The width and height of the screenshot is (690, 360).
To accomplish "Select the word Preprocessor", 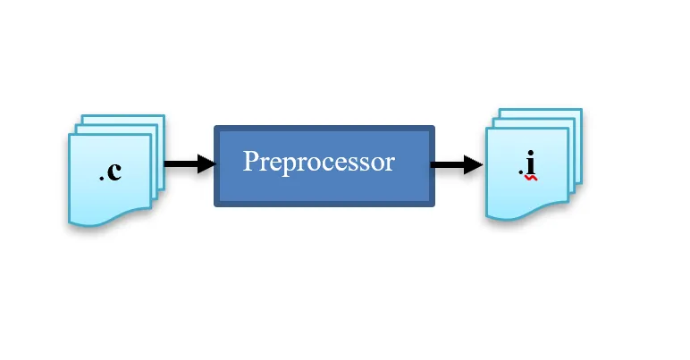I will coord(318,163).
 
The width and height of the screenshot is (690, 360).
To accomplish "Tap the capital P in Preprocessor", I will coord(251,163).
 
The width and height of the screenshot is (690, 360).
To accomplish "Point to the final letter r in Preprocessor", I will coord(389,164).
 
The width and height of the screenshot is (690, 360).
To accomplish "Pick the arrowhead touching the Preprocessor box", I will coord(206,164).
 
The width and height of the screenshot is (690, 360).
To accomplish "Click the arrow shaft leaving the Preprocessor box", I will coord(446,165).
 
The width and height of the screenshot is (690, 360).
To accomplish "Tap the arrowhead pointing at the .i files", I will coord(473,165).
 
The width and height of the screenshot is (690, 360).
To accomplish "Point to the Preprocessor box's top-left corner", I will coord(216,128).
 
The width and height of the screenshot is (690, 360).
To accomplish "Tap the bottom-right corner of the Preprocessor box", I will coord(433,205).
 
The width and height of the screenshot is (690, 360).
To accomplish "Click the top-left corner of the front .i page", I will coord(487,130).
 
